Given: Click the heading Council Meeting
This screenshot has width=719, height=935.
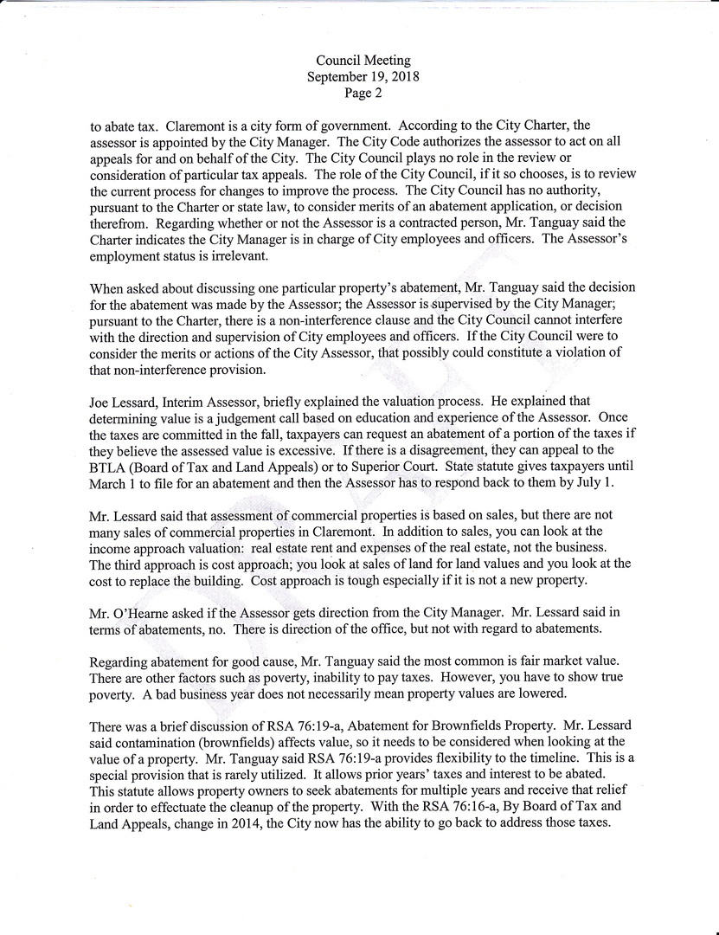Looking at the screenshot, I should [363, 61].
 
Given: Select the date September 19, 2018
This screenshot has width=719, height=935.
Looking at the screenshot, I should [363, 76].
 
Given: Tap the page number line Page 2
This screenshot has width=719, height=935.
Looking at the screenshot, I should [363, 93].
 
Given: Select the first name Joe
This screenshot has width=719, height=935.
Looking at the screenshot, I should [100, 402].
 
